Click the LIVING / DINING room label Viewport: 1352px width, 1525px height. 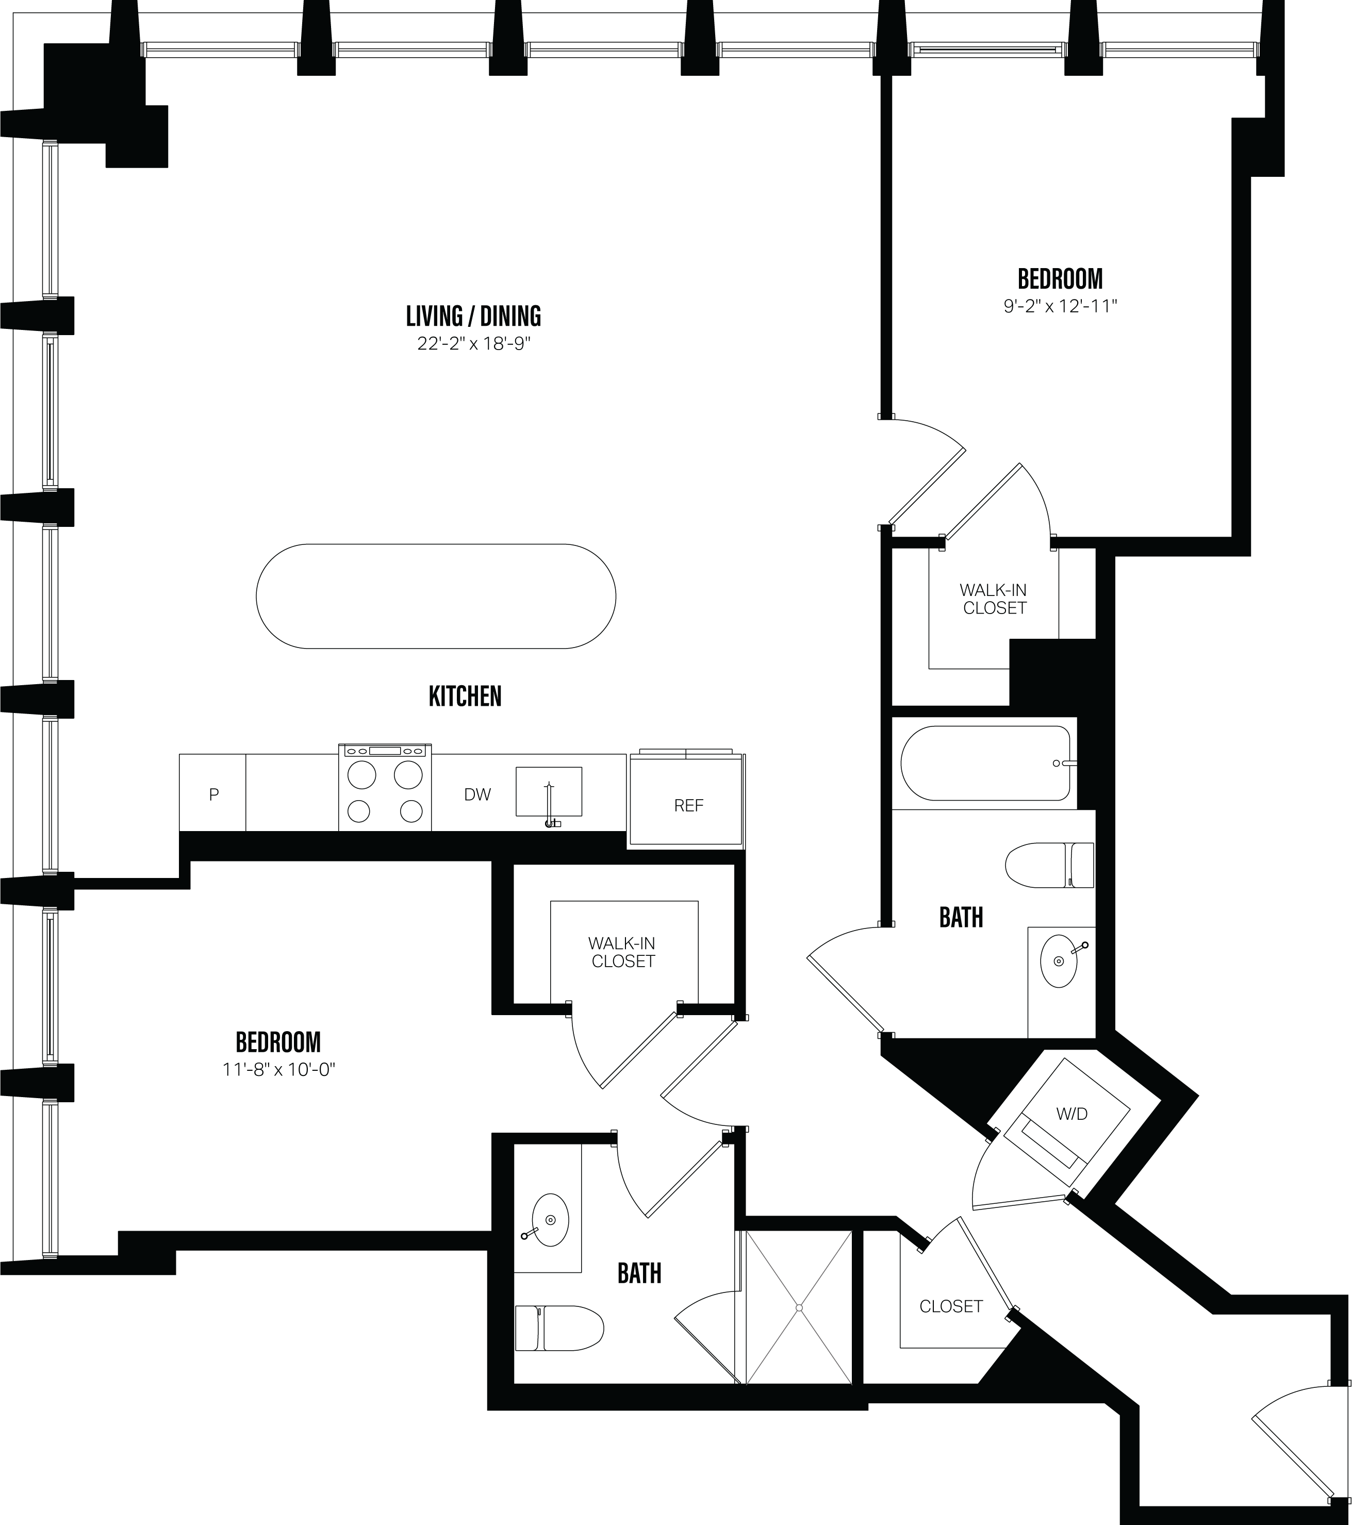[473, 317]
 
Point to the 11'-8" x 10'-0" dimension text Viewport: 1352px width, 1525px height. [278, 1070]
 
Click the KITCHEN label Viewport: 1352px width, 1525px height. [465, 696]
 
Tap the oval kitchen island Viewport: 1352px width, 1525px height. [436, 596]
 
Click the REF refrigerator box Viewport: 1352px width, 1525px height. [688, 805]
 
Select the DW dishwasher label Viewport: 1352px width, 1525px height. [477, 794]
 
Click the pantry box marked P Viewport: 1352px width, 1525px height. [213, 794]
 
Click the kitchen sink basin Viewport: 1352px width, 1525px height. [549, 791]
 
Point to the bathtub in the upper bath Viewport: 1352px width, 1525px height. [985, 763]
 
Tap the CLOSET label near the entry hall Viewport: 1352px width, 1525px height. [951, 1306]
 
